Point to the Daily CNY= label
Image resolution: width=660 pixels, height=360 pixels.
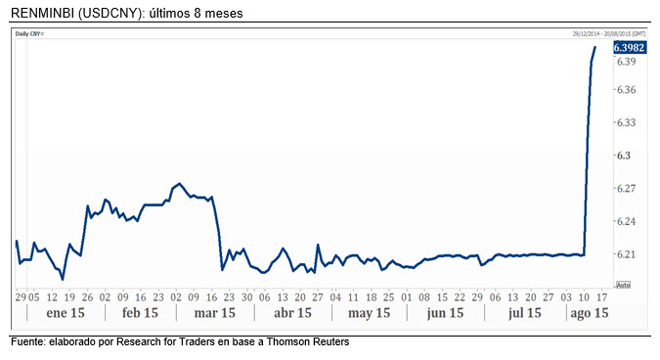point(31,33)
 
